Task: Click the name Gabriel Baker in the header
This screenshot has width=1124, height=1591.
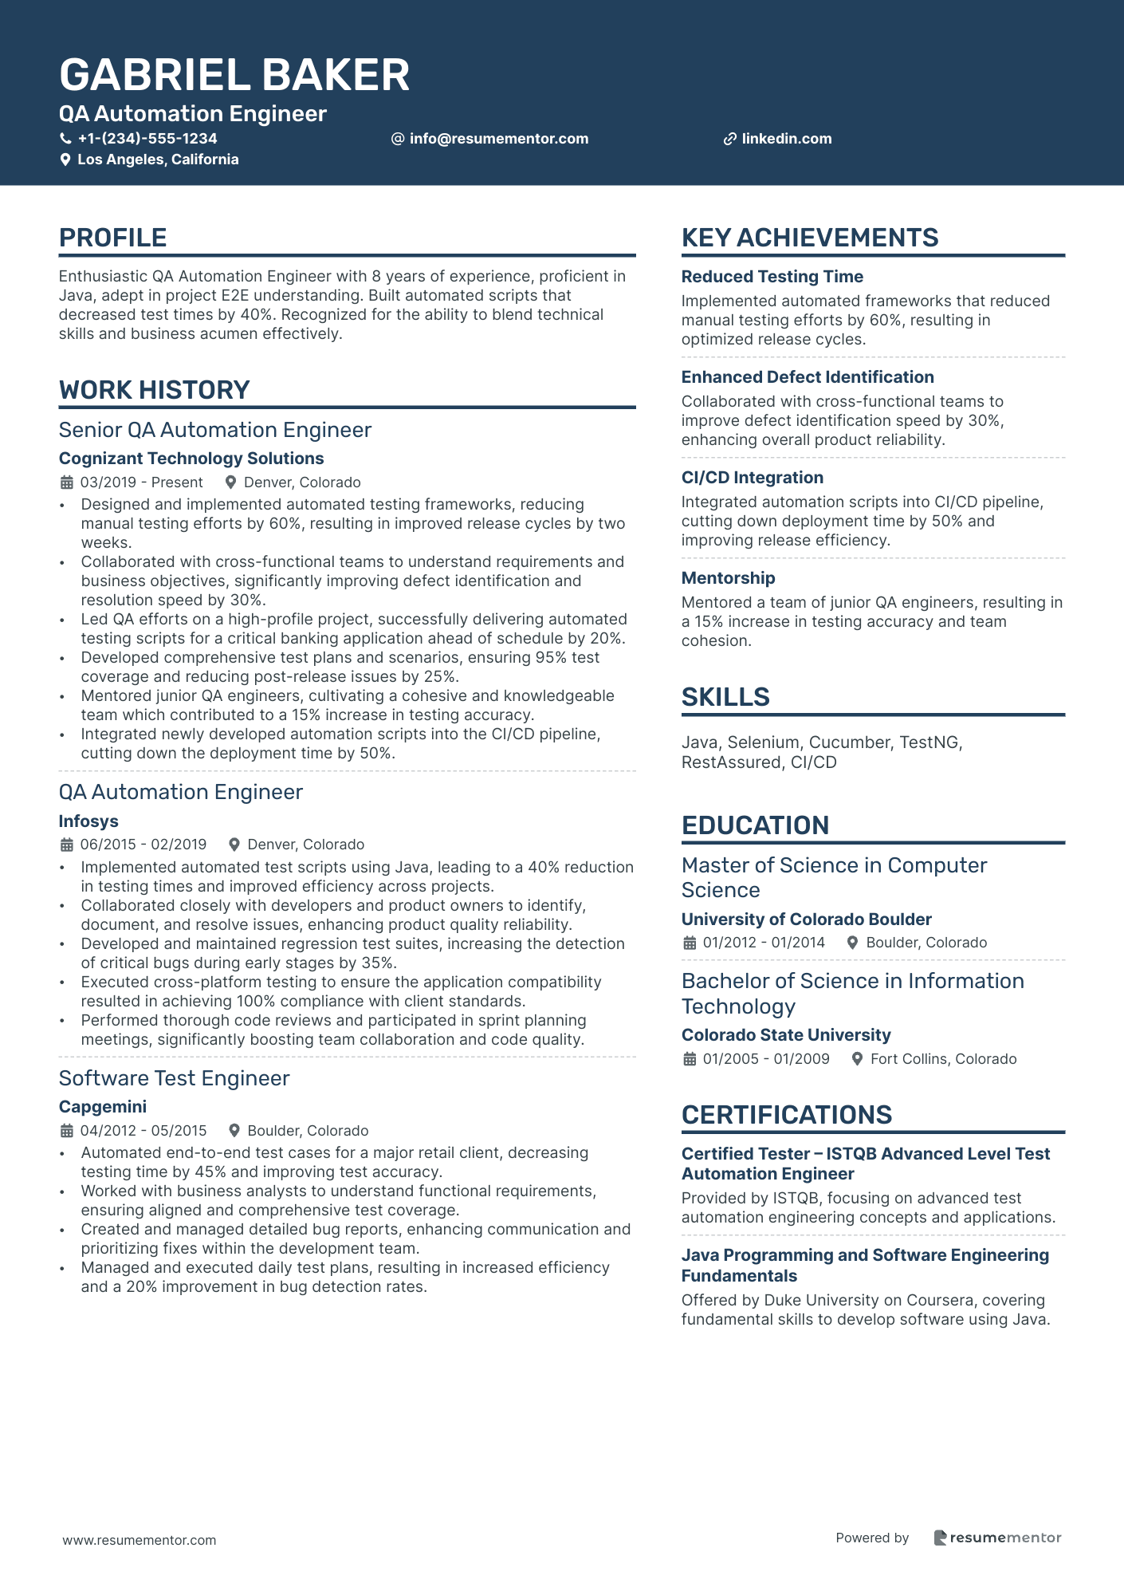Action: [234, 75]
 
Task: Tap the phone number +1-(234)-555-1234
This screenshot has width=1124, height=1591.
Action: [147, 139]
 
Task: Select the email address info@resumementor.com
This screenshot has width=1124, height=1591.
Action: [498, 139]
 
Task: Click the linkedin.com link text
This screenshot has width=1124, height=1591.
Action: [786, 139]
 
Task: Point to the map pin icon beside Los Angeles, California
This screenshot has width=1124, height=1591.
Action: [65, 159]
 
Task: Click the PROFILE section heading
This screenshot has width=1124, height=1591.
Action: [112, 238]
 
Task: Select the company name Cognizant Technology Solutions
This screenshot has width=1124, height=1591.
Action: [191, 459]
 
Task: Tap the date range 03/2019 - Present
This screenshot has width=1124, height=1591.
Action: [141, 482]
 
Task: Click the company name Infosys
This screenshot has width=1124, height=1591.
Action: [88, 821]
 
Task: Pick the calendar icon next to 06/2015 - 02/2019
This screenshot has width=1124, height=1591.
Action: [67, 845]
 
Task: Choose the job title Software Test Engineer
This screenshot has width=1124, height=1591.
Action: [174, 1078]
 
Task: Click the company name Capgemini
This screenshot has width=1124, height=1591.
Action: [103, 1107]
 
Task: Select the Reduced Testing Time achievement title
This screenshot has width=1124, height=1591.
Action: [772, 277]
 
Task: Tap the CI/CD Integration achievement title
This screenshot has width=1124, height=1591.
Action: [752, 478]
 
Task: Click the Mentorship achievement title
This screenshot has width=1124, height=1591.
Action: [728, 578]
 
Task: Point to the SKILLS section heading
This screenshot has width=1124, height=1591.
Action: [725, 697]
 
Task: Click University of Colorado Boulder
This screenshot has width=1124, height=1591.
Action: [806, 920]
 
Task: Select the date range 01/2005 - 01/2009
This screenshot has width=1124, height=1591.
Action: [765, 1059]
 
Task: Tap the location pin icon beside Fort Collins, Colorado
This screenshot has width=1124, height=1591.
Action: [858, 1059]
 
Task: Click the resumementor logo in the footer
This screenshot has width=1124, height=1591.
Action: [997, 1538]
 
